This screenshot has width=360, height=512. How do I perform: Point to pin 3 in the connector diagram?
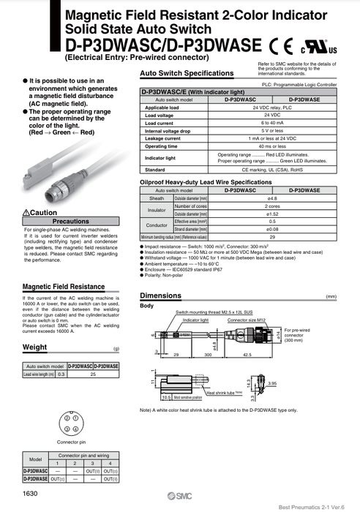pos(66,429)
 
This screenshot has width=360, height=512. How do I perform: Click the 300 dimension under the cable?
pos(208,354)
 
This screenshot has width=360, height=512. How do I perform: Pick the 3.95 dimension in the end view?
pos(273,383)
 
